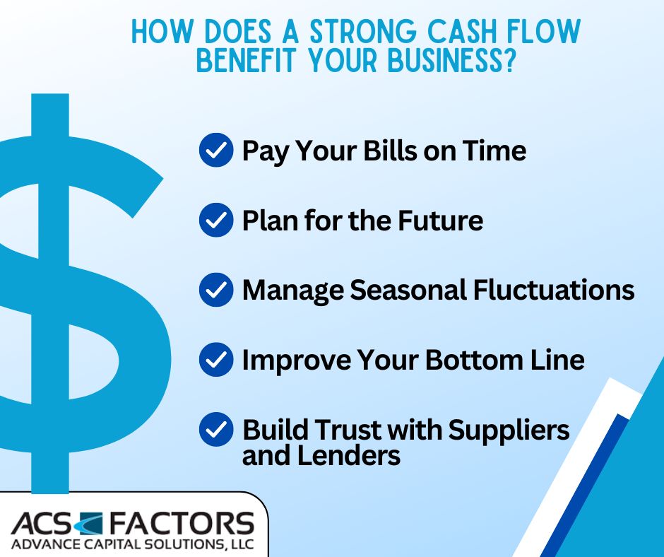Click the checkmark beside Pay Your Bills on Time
pyautogui.click(x=216, y=151)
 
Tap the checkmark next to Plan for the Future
pyautogui.click(x=216, y=221)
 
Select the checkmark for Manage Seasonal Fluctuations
pyautogui.click(x=216, y=291)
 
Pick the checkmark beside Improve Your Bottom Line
pyautogui.click(x=216, y=360)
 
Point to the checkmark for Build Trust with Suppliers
pyautogui.click(x=216, y=430)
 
